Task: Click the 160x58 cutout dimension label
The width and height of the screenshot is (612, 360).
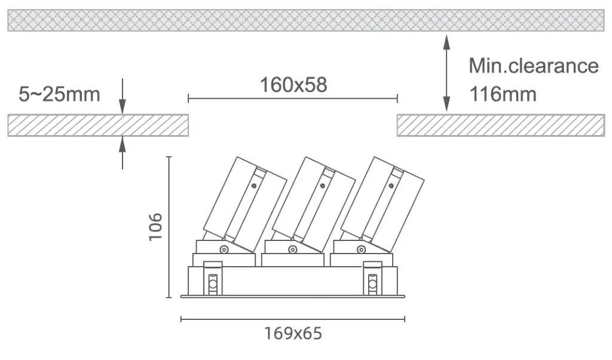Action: pos(293,85)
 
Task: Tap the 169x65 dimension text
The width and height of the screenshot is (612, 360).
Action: pos(293,334)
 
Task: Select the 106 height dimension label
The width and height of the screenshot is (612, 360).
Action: pos(155,227)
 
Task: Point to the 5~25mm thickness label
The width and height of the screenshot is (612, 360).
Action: pos(59,94)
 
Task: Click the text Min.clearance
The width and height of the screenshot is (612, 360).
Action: pos(534,66)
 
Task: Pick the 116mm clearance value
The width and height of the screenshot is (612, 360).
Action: pos(503,94)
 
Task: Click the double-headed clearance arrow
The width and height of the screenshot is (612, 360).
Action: pos(446,73)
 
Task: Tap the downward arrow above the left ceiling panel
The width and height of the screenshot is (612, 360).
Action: pos(123,96)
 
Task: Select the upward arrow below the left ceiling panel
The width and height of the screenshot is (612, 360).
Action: pos(123,152)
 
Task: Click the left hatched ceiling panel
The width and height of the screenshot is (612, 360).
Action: pos(98,126)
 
